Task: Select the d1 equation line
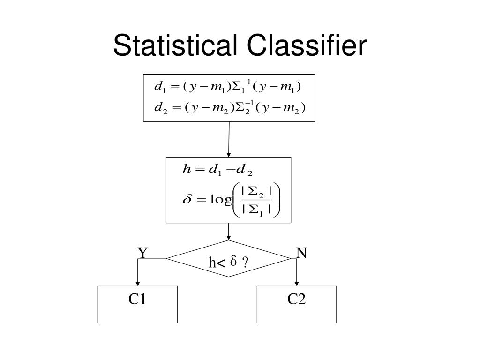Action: (x=227, y=87)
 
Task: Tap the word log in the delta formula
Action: (x=221, y=200)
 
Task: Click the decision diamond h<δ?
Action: (x=229, y=258)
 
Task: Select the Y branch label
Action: (x=142, y=253)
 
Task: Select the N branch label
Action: (x=301, y=253)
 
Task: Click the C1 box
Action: (x=138, y=304)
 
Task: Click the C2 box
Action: (x=297, y=304)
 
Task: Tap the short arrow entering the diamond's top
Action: (x=229, y=232)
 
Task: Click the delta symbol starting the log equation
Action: (x=186, y=200)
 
